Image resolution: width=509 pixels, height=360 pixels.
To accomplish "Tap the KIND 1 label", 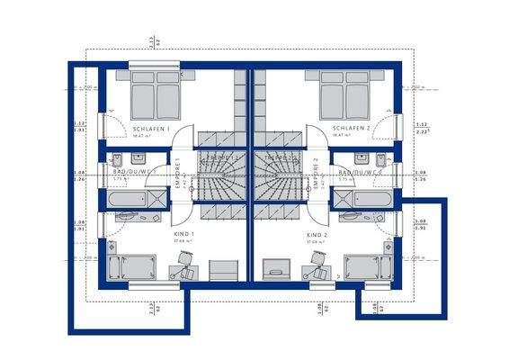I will click(183, 233).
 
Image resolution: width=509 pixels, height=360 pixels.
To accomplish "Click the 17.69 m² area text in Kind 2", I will click(314, 241).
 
